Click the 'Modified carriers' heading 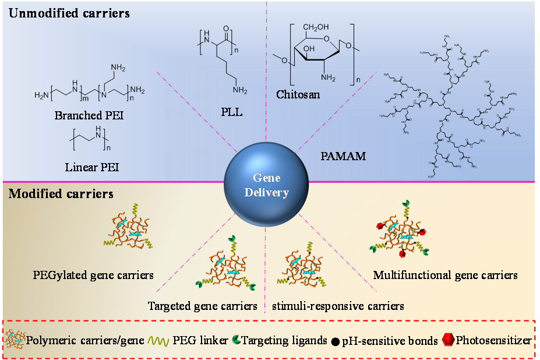point(61,193)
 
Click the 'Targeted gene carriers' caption point(202,305)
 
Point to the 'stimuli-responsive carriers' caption point(338,305)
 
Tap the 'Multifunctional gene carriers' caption point(445,274)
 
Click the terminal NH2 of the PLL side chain point(239,91)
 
